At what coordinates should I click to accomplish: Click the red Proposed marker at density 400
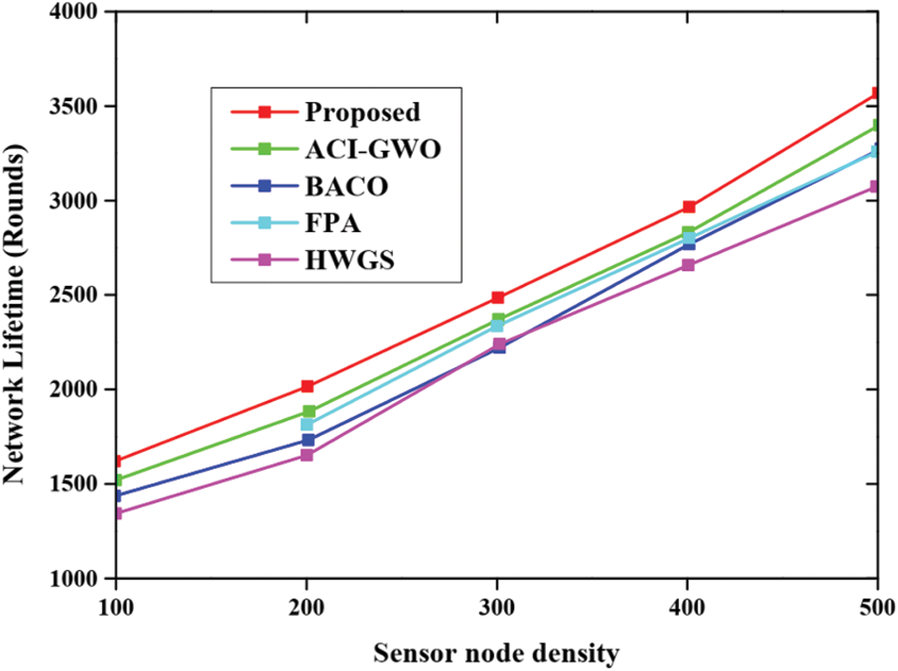pos(688,207)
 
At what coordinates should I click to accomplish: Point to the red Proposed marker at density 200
pos(307,387)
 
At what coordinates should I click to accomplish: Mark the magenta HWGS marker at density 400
pos(688,265)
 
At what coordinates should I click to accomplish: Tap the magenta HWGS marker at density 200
pos(307,455)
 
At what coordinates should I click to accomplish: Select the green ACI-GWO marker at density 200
pos(307,412)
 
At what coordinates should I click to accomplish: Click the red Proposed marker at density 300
pos(498,298)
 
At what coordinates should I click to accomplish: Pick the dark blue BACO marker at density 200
pos(307,440)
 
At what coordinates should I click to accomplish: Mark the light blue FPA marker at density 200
pos(307,424)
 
